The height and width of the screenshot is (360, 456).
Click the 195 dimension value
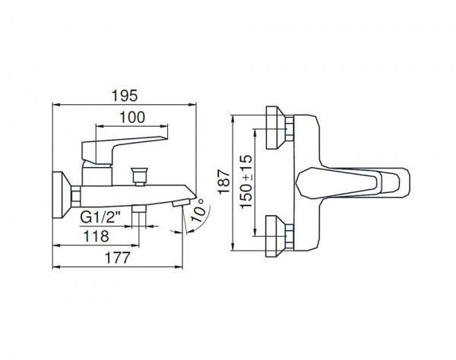(x=125, y=96)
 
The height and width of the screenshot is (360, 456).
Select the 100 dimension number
(x=132, y=118)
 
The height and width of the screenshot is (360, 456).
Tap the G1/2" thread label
(x=100, y=217)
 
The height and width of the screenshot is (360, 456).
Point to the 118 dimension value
(x=96, y=236)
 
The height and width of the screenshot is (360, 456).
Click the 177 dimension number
(x=118, y=257)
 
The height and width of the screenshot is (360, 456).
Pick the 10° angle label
(x=199, y=211)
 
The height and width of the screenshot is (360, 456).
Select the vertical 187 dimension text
(x=224, y=182)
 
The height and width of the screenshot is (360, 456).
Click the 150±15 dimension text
(x=246, y=182)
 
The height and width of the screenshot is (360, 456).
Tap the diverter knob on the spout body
(x=140, y=176)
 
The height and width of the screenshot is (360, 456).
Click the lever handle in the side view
(x=125, y=150)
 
